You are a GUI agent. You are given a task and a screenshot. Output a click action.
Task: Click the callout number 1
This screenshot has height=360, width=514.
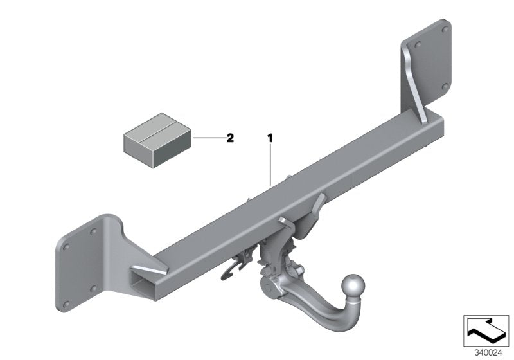[270, 138]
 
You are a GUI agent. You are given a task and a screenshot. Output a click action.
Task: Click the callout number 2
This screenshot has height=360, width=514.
[230, 138]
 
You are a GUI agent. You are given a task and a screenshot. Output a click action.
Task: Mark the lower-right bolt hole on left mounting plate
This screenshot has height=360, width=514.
[94, 289]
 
